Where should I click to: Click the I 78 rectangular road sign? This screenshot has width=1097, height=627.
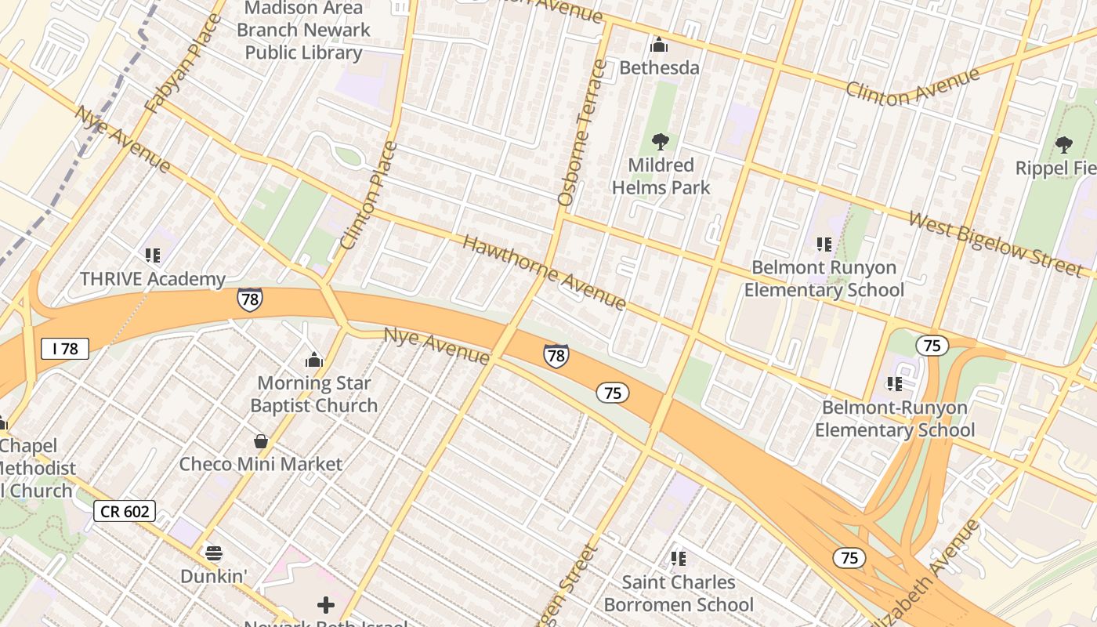pyautogui.click(x=65, y=349)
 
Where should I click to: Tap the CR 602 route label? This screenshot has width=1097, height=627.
pyautogui.click(x=125, y=512)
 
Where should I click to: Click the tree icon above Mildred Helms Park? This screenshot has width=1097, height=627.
pyautogui.click(x=660, y=142)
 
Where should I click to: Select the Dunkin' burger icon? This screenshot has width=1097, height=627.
pyautogui.click(x=214, y=553)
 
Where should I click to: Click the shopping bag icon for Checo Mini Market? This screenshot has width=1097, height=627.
pyautogui.click(x=261, y=441)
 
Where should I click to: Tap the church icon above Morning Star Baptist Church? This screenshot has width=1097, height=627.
pyautogui.click(x=314, y=360)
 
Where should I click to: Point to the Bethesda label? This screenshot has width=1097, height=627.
pyautogui.click(x=659, y=67)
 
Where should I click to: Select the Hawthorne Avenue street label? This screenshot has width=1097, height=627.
pyautogui.click(x=545, y=272)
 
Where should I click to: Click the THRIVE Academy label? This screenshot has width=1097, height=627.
pyautogui.click(x=153, y=279)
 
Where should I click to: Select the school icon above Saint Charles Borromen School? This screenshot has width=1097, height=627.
pyautogui.click(x=679, y=559)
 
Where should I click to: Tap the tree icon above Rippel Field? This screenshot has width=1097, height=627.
pyautogui.click(x=1063, y=144)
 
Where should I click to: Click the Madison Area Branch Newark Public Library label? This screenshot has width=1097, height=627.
pyautogui.click(x=303, y=31)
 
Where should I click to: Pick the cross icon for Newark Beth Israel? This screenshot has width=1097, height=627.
pyautogui.click(x=326, y=605)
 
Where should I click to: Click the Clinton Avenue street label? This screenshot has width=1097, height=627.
pyautogui.click(x=913, y=87)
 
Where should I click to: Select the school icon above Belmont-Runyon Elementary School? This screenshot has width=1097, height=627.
pyautogui.click(x=894, y=383)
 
